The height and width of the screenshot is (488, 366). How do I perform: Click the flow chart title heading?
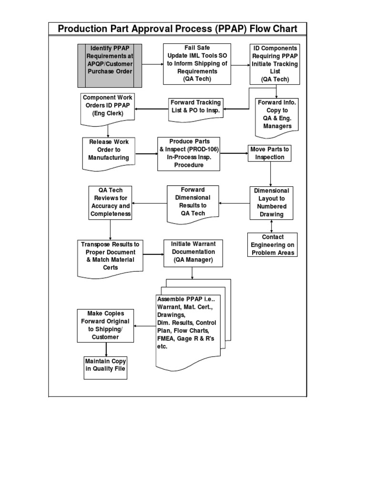(x=177, y=29)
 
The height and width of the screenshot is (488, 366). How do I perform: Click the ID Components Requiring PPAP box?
(x=275, y=64)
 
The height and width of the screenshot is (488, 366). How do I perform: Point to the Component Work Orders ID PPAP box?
(x=108, y=107)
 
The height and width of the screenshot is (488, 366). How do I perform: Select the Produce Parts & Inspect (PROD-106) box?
(x=189, y=153)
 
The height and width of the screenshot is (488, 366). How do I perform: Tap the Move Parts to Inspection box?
(x=269, y=153)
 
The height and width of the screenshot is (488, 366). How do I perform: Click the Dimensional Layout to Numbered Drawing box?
(x=271, y=203)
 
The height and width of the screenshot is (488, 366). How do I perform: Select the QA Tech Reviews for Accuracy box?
(x=110, y=203)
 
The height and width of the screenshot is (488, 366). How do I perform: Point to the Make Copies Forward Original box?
(x=105, y=325)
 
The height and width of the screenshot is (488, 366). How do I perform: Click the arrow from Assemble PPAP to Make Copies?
(x=145, y=326)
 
